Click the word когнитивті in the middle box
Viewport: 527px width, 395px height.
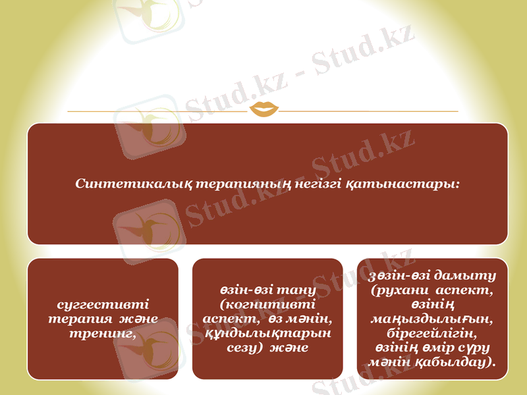[267, 304]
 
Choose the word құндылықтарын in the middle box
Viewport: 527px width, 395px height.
[267, 332]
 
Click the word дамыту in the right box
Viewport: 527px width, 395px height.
[468, 275]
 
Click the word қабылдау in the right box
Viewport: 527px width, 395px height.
[460, 361]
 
